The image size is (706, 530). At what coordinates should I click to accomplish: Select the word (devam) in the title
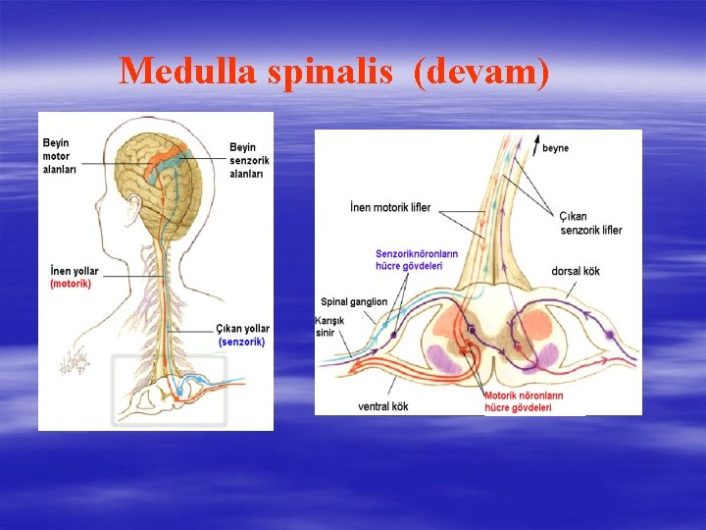coord(480,71)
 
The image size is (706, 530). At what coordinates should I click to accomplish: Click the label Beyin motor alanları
coord(58,155)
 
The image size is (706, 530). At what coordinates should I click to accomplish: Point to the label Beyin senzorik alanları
coord(250,160)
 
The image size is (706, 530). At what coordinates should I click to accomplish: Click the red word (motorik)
coord(71,285)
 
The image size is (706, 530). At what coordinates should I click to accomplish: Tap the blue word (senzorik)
coord(241,342)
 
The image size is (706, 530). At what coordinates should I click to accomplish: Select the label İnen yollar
coord(72,271)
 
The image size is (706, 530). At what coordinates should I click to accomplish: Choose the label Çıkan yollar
coord(242,329)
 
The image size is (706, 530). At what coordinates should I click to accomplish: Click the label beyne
coord(555,148)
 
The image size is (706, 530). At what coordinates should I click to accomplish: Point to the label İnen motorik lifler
coord(389,208)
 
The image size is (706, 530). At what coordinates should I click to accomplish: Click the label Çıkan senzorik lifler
coord(590,223)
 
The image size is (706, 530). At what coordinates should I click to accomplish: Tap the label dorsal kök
coord(576,271)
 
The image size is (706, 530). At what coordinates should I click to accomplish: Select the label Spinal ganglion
coord(354,301)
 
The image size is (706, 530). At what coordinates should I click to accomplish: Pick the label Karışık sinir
coord(326,327)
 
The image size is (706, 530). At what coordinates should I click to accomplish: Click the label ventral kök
coord(383,405)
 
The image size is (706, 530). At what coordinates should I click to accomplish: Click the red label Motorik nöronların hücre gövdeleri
coord(523,401)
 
